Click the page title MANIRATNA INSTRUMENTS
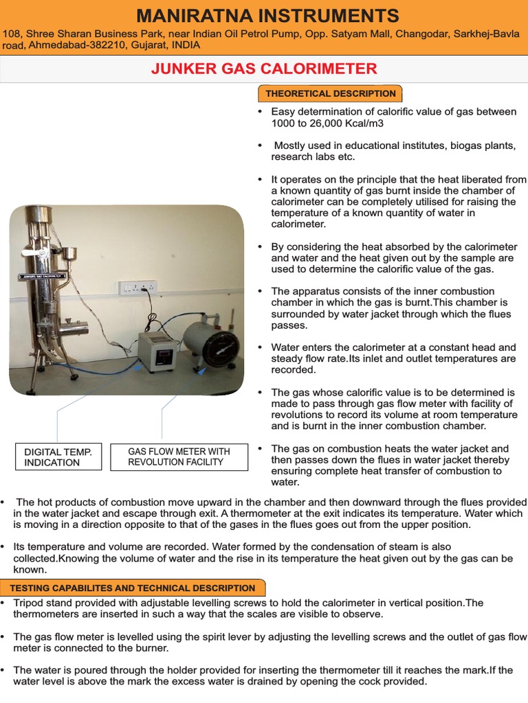click(267, 15)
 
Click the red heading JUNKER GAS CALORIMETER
click(264, 69)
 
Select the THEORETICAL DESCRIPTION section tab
click(330, 93)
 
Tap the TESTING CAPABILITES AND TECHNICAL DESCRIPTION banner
click(132, 588)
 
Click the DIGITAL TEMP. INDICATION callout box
click(57, 457)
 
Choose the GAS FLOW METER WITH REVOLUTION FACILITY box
click(179, 457)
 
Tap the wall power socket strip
click(137, 286)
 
